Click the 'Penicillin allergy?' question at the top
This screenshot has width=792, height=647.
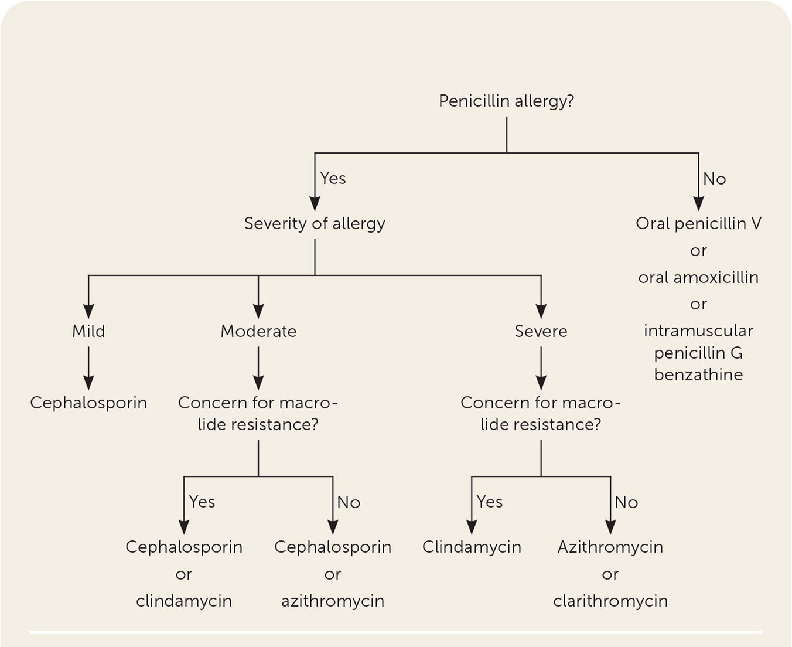tap(506, 101)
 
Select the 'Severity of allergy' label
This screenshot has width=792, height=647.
tap(315, 223)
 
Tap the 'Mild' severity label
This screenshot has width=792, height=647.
tap(88, 331)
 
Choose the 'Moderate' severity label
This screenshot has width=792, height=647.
tap(258, 331)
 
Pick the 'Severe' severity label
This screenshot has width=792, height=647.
tap(541, 331)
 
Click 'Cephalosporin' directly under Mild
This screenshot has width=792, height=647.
tap(88, 403)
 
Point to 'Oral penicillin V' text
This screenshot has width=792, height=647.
tap(698, 223)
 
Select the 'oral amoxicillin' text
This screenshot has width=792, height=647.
tap(698, 277)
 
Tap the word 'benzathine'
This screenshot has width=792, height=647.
tap(698, 374)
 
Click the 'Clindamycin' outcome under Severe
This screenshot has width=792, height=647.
tap(472, 547)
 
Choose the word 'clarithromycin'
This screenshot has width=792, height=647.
tap(610, 601)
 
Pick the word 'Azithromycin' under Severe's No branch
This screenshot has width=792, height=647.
tap(610, 547)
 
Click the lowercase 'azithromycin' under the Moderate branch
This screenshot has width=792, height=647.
tap(333, 601)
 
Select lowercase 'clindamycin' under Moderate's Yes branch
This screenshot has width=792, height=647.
tap(184, 601)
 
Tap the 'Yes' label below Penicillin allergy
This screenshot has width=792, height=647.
tap(333, 178)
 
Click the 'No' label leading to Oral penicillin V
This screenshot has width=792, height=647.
tap(714, 179)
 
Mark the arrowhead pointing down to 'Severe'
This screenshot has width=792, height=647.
tap(541, 312)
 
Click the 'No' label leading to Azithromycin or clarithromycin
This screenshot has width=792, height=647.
tap(626, 502)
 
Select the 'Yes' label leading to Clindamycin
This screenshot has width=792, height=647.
tap(489, 502)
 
